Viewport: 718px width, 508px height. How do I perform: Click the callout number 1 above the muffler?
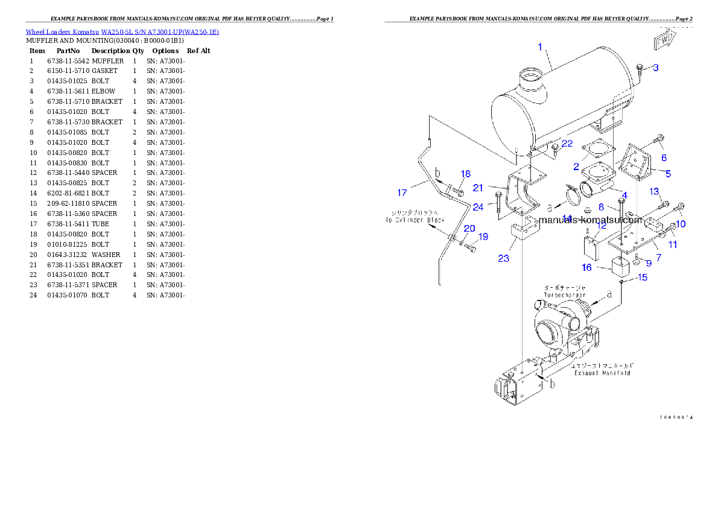coord(539,46)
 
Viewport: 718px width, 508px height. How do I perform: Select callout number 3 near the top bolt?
coord(655,68)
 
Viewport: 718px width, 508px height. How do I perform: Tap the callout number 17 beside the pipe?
coord(402,193)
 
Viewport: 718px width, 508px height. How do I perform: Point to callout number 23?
coord(504,258)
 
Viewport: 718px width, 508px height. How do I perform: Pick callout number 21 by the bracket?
coord(495,188)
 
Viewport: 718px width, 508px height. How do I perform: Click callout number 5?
coord(668,173)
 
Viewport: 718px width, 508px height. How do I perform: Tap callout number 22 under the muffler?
coord(567,143)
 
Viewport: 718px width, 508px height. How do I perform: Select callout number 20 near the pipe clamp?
coord(469,229)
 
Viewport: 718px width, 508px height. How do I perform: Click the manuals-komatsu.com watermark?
coord(591,220)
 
